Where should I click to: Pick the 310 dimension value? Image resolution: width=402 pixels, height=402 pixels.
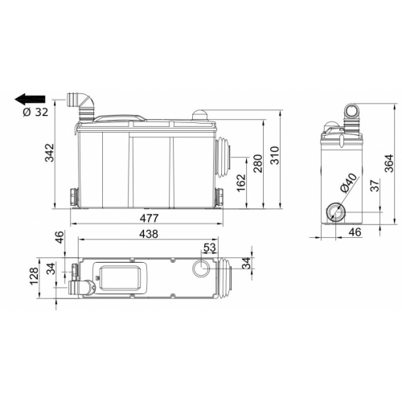click(x=275, y=155)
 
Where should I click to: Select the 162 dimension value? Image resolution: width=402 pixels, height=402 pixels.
click(x=240, y=183)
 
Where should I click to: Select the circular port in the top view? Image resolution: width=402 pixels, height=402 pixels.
click(x=200, y=269)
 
